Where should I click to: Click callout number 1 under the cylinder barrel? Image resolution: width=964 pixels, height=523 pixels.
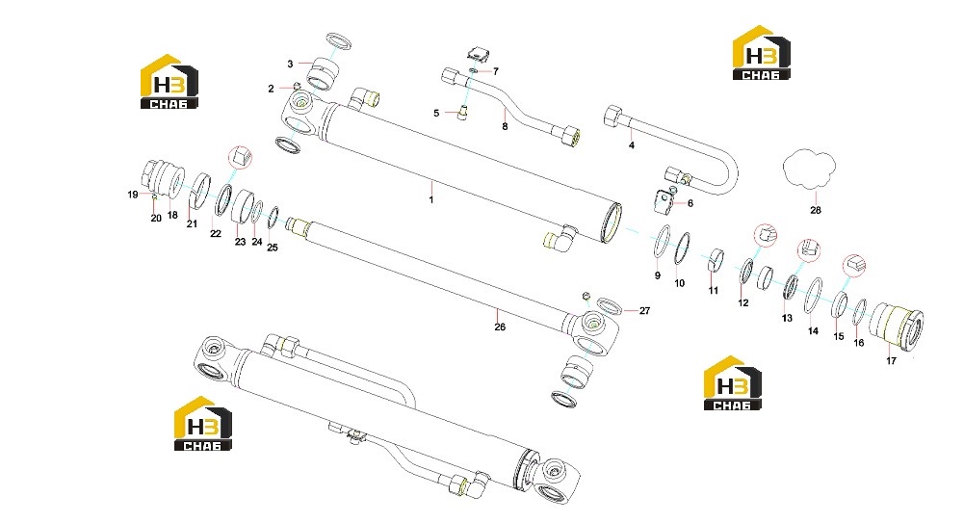[x=431, y=199]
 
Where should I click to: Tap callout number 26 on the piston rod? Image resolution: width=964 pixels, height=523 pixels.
[x=500, y=327]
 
